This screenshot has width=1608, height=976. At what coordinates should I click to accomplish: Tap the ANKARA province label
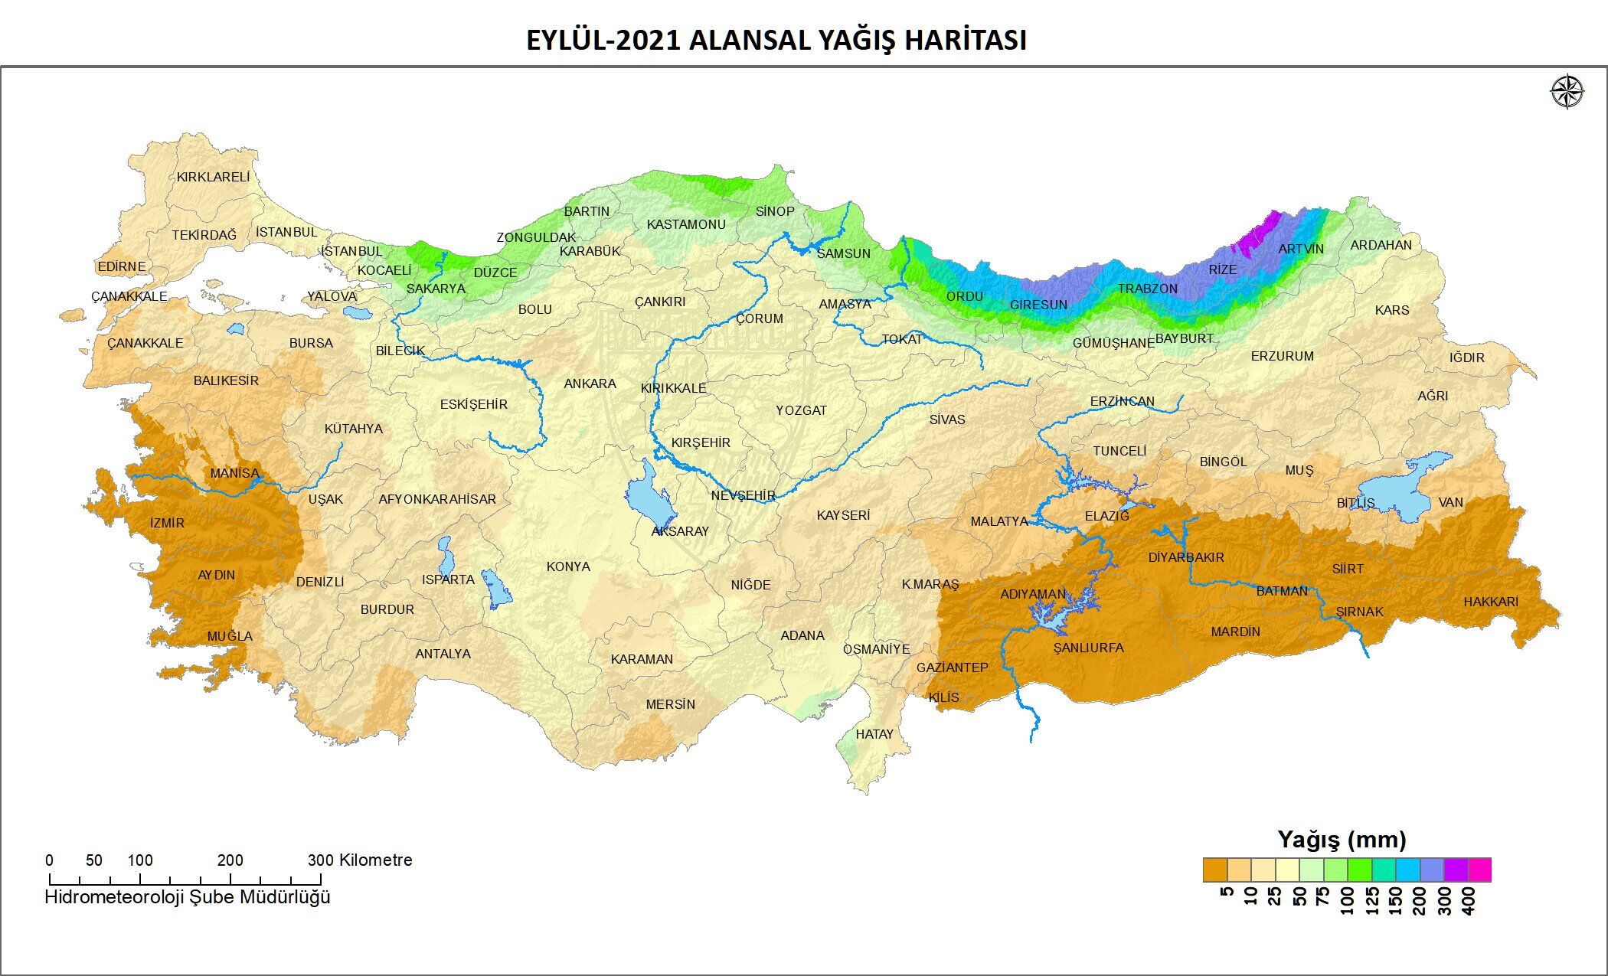coord(590,384)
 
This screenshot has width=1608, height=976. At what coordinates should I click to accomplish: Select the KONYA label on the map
coord(568,566)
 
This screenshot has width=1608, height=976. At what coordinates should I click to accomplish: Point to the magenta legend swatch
coord(1479,870)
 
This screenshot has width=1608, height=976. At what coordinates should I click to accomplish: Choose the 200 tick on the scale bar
coord(230,860)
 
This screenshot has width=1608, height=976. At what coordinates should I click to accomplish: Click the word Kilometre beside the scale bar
coord(375,860)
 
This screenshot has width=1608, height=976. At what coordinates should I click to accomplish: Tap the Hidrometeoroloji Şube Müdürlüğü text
coord(188,896)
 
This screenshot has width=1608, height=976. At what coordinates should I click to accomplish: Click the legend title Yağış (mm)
coord(1342,840)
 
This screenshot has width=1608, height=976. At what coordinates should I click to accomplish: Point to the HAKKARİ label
coord(1490,602)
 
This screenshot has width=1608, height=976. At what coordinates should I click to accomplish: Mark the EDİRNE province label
coord(121,266)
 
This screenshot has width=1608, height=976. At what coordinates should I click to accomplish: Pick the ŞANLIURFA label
coord(1088,648)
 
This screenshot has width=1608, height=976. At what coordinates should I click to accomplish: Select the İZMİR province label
coord(167,523)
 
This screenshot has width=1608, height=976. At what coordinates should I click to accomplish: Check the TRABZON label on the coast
coord(1147,289)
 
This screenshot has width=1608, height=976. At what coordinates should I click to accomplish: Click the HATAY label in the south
coord(874,734)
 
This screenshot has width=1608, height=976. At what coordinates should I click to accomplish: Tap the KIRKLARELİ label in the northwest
coord(213,177)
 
